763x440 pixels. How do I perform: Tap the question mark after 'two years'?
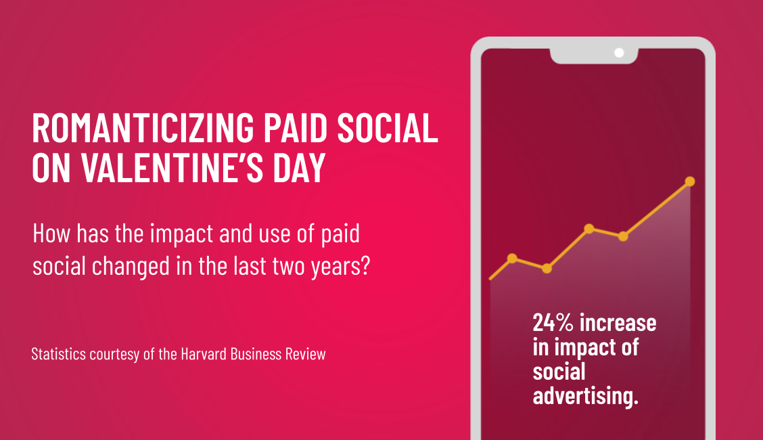[365, 265]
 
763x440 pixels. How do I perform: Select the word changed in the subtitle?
[127, 265]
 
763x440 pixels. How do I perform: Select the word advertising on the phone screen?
[585, 396]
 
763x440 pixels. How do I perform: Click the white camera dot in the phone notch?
[618, 52]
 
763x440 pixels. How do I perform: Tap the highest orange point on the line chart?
[690, 181]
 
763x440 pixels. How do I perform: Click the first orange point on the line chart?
[512, 258]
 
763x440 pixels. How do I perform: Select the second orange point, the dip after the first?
[547, 269]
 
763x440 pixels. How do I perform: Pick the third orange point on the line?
[589, 228]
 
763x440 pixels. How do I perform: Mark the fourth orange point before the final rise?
[623, 236]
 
